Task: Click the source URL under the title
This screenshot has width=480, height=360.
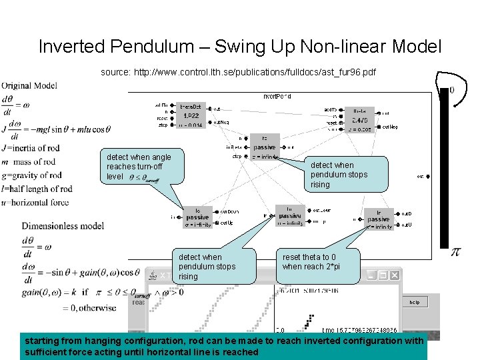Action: click(239, 71)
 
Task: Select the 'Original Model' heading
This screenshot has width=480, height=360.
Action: click(29, 85)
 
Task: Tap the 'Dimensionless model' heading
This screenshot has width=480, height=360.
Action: click(63, 226)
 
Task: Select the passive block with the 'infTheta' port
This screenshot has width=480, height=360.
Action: click(264, 147)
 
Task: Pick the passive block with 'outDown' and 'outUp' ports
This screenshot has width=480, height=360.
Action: click(198, 217)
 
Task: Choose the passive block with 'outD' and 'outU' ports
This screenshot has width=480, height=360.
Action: click(378, 219)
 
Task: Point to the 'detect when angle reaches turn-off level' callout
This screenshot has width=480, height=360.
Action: click(139, 166)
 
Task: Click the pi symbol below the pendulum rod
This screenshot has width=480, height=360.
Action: click(456, 252)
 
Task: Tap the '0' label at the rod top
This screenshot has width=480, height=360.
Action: click(451, 89)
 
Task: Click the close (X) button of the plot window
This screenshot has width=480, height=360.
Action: click(393, 274)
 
